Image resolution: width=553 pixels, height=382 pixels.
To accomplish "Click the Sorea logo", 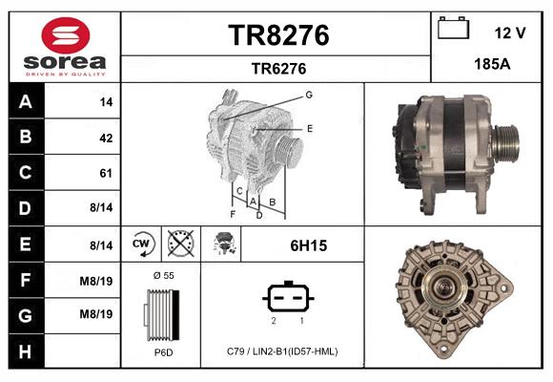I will (65, 48).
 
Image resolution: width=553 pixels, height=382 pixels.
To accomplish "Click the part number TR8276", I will (277, 35).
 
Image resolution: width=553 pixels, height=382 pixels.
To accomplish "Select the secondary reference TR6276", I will (277, 68).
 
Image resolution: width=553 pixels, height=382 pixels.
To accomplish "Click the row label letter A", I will (25, 102).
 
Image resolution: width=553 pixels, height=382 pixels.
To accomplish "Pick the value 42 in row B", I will (106, 138).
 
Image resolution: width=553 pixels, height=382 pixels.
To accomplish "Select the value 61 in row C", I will (106, 174).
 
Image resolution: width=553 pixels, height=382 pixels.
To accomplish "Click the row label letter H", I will (25, 350).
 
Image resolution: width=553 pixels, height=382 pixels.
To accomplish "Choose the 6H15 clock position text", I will (308, 245).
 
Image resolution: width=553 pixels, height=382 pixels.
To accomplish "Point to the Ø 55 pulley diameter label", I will (163, 275).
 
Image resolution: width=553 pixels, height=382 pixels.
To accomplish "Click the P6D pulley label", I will (163, 351).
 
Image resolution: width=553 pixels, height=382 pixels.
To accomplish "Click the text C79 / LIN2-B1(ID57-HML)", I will (283, 351).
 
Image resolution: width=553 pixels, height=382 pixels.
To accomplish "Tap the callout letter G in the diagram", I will (309, 95).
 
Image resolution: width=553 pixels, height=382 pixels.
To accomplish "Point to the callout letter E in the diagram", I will (309, 127).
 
